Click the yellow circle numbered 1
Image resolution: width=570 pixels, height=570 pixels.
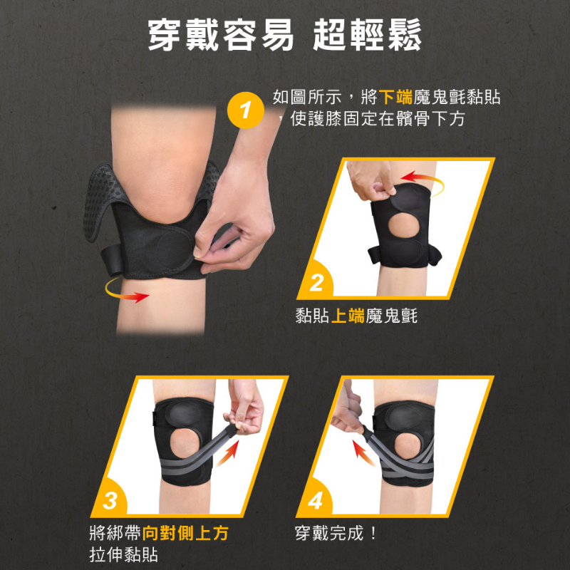[x=245, y=110]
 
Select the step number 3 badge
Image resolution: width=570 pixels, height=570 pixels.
[x=110, y=500]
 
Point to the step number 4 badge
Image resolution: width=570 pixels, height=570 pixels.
[x=315, y=500]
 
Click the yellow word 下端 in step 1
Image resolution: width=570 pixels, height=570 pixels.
[x=395, y=97]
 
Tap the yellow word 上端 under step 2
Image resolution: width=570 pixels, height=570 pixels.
[x=348, y=315]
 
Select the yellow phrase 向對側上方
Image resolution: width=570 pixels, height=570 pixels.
[x=185, y=533]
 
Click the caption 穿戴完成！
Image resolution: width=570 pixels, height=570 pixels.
[x=336, y=533]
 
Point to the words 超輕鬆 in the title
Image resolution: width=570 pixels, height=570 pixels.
[x=367, y=34]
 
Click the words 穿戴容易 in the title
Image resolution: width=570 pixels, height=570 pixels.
[x=221, y=34]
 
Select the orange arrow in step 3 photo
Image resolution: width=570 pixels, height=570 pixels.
[x=228, y=452]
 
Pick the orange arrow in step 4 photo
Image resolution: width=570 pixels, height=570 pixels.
[x=363, y=452]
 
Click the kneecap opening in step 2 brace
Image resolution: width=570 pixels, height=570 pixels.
[x=404, y=225]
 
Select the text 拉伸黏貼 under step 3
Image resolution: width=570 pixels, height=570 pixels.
[x=123, y=555]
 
